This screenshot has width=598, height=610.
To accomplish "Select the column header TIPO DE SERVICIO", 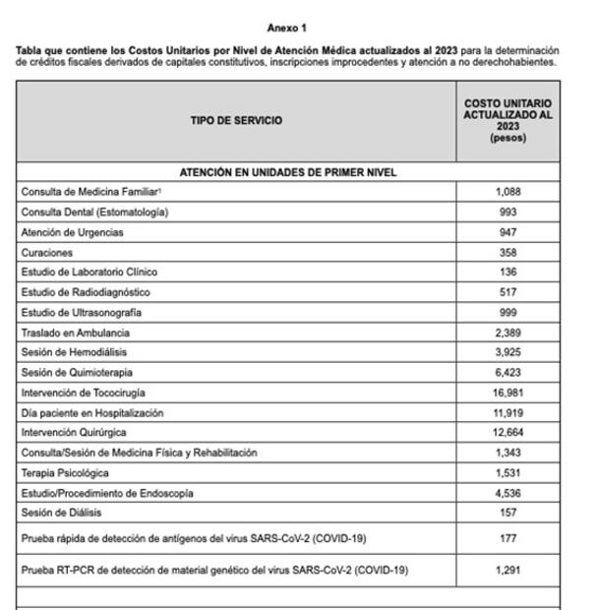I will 236,121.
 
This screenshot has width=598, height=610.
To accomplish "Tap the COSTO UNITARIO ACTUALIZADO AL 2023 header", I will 508,121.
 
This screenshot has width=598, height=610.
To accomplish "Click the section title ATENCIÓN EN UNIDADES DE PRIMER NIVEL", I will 287,172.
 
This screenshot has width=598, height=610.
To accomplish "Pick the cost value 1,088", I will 508,192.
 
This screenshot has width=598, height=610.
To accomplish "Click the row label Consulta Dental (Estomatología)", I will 94,212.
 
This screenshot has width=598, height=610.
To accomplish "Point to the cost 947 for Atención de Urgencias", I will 508,232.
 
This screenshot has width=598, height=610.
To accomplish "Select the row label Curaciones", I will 47,252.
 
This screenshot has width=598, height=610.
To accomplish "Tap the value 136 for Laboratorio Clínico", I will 508,272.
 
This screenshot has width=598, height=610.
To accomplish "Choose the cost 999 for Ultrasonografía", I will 508,312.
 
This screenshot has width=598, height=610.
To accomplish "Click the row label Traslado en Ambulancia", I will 76,333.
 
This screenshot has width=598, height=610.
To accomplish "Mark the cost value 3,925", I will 508,352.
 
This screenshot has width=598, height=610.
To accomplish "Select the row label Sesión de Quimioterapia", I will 77,372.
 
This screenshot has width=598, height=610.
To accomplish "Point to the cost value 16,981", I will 508,393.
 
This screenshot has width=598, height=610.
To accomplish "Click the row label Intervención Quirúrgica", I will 74,432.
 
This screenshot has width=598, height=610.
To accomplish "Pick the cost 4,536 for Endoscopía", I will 508,492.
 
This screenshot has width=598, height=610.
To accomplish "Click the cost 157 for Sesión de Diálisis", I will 508,513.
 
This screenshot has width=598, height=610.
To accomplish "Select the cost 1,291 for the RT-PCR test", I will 508,570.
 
